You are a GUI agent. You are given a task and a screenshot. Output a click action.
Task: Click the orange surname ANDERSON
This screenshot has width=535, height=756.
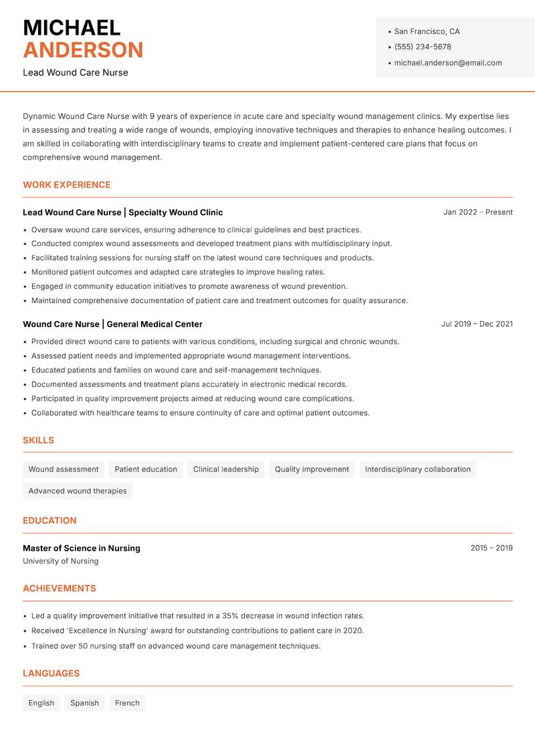click(83, 50)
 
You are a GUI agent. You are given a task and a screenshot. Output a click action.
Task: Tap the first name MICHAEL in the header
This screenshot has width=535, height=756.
click(72, 27)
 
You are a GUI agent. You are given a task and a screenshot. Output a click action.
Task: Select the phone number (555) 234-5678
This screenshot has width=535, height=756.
click(423, 47)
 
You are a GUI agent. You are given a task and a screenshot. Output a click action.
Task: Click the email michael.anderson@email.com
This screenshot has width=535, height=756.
click(448, 63)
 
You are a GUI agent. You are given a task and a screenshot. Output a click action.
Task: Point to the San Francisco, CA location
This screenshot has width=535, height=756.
click(427, 31)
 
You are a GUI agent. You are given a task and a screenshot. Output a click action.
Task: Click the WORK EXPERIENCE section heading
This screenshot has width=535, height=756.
click(67, 185)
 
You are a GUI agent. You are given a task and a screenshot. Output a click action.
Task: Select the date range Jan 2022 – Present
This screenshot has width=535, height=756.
click(477, 212)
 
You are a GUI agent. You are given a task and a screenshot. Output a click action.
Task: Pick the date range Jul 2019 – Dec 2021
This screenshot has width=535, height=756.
click(477, 324)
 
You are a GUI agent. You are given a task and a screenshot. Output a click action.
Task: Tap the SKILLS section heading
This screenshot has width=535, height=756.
click(38, 440)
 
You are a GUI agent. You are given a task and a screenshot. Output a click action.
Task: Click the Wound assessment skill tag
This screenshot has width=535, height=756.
click(64, 470)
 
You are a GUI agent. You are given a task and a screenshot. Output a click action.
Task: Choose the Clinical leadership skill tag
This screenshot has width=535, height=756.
click(226, 470)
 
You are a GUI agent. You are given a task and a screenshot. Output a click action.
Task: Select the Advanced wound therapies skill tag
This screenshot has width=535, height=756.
click(78, 491)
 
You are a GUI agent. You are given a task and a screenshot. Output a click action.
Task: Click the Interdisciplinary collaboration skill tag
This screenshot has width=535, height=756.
click(418, 470)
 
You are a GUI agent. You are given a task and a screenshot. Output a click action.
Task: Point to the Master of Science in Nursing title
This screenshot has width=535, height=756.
click(82, 548)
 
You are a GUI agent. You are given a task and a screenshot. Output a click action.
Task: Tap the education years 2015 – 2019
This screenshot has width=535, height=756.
click(492, 548)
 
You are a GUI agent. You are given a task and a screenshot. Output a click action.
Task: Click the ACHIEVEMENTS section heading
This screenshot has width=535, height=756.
click(60, 589)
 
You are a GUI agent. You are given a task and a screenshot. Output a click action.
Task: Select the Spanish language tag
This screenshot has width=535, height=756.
click(84, 703)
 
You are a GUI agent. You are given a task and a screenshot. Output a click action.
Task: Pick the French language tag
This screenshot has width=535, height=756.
click(127, 703)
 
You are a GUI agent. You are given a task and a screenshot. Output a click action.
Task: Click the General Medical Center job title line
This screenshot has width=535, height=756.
click(112, 324)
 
